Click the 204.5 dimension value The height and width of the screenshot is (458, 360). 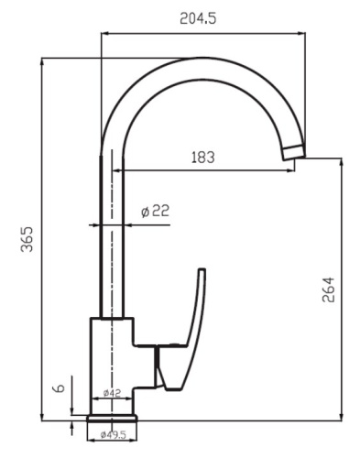(202, 17)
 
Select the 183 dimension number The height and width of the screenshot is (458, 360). (202, 157)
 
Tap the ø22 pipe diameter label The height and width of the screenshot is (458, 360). (155, 212)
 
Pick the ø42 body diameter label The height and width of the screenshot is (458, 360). (112, 393)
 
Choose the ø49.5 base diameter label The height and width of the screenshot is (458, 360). (112, 435)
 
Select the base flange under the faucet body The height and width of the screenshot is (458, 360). (112, 419)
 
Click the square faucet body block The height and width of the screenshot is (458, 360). (112, 357)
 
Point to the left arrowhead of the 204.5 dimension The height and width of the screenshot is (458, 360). (103, 34)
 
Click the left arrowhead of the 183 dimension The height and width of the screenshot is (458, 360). (116, 169)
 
